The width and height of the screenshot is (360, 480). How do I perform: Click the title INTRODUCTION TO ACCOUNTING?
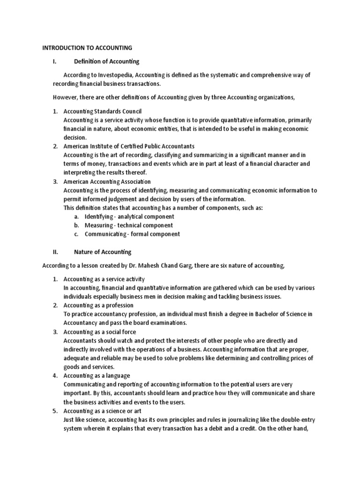[87, 48]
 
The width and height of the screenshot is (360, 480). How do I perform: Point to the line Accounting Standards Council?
[102, 111]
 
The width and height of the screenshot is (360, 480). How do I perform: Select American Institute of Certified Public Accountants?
[129, 146]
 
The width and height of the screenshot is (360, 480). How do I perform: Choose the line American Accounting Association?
[107, 181]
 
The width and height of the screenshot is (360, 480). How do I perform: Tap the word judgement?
[117, 199]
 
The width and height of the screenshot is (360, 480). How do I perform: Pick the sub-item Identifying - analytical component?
[129, 217]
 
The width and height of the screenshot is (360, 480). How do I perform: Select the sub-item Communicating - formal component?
[132, 234]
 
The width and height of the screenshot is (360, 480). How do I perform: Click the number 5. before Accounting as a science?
[55, 411]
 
